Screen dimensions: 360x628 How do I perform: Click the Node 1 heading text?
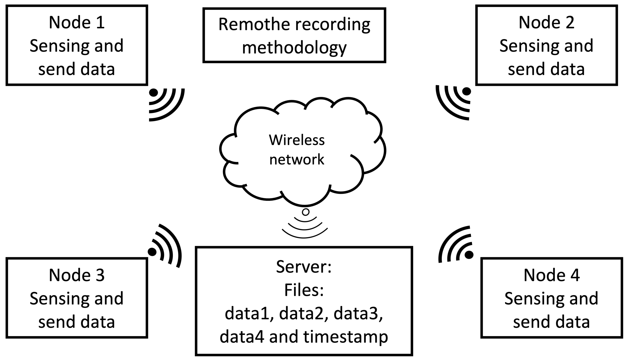77,22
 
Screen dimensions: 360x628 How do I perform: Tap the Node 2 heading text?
546,22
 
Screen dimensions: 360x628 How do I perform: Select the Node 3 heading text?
77,275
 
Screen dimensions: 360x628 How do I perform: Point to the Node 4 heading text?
552,275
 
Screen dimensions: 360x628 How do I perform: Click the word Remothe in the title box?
254,24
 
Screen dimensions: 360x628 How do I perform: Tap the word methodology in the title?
294,48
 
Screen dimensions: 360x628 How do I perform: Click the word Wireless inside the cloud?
297,140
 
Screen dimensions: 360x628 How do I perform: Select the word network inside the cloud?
297,160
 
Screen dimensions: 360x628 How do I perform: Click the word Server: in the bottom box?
304,267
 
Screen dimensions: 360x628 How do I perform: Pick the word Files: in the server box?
304,290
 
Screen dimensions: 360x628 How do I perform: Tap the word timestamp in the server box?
346,337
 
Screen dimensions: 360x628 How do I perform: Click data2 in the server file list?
301,314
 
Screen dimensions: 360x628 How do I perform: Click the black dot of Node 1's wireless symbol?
154,93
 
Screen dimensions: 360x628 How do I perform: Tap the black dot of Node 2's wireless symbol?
466,91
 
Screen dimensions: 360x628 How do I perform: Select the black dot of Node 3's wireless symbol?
152,252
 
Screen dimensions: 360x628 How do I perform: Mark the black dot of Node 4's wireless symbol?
469,254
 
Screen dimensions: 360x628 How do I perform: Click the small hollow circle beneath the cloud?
306,212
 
